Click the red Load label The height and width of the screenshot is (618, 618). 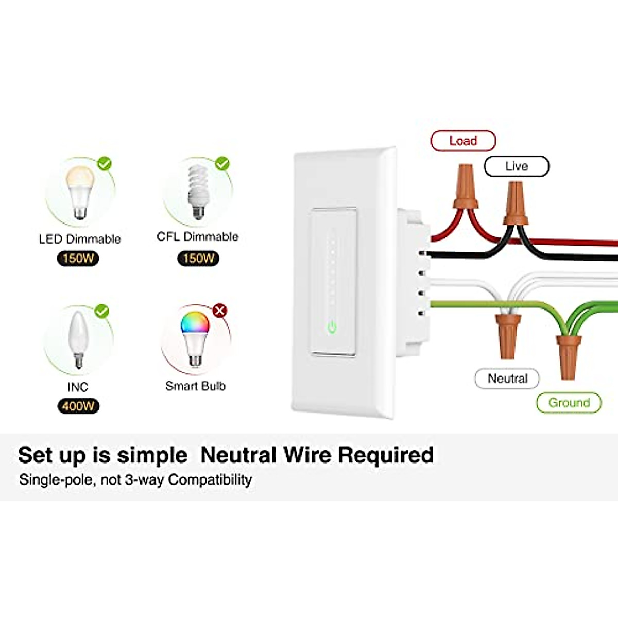pyautogui.click(x=462, y=141)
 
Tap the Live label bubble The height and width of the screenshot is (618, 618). pyautogui.click(x=516, y=166)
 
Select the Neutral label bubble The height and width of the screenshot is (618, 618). pyautogui.click(x=507, y=379)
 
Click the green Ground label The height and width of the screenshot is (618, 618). pyautogui.click(x=569, y=403)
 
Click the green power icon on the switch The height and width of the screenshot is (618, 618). pyautogui.click(x=333, y=327)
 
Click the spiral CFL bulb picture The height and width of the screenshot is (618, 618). pyautogui.click(x=197, y=191)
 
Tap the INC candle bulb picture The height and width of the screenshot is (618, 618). pyautogui.click(x=77, y=340)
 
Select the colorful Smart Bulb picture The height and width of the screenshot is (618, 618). pyautogui.click(x=195, y=335)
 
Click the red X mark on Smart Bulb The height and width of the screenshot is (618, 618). pyautogui.click(x=220, y=311)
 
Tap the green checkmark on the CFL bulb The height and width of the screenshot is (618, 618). pyautogui.click(x=222, y=164)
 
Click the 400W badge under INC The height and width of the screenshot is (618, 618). pyautogui.click(x=78, y=406)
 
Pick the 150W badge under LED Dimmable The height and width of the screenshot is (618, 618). pyautogui.click(x=78, y=259)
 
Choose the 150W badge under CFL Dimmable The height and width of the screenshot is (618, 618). pyautogui.click(x=198, y=259)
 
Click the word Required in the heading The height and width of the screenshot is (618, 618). pyautogui.click(x=385, y=455)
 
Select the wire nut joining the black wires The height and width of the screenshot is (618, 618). pyautogui.click(x=516, y=203)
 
